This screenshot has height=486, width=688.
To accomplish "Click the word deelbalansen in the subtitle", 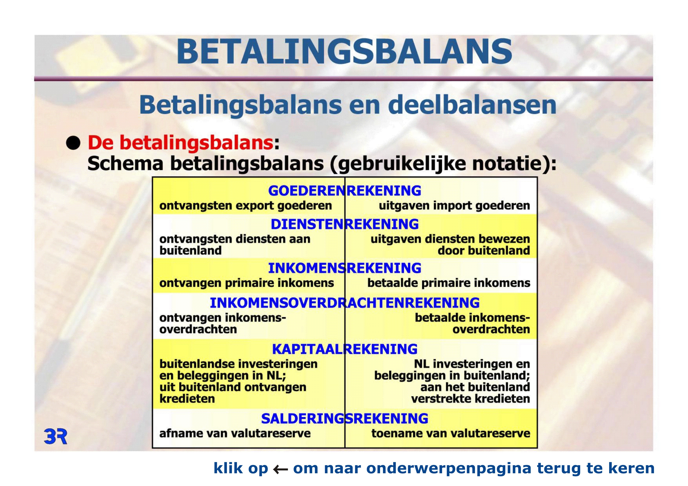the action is [472, 105].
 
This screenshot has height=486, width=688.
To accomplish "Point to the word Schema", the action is [125, 164].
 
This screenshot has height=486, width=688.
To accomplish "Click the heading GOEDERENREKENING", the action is [345, 191].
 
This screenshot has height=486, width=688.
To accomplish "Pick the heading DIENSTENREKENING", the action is [345, 224].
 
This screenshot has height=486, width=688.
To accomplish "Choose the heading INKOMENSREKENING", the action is [345, 268].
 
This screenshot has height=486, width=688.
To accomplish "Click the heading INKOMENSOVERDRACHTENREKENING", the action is [345, 303].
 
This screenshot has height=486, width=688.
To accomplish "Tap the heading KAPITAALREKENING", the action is [345, 349].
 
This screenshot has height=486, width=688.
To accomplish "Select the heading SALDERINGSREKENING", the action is [345, 419].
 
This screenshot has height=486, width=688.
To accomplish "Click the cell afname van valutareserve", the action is [235, 433].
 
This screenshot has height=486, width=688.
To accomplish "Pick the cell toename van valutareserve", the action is [451, 433].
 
